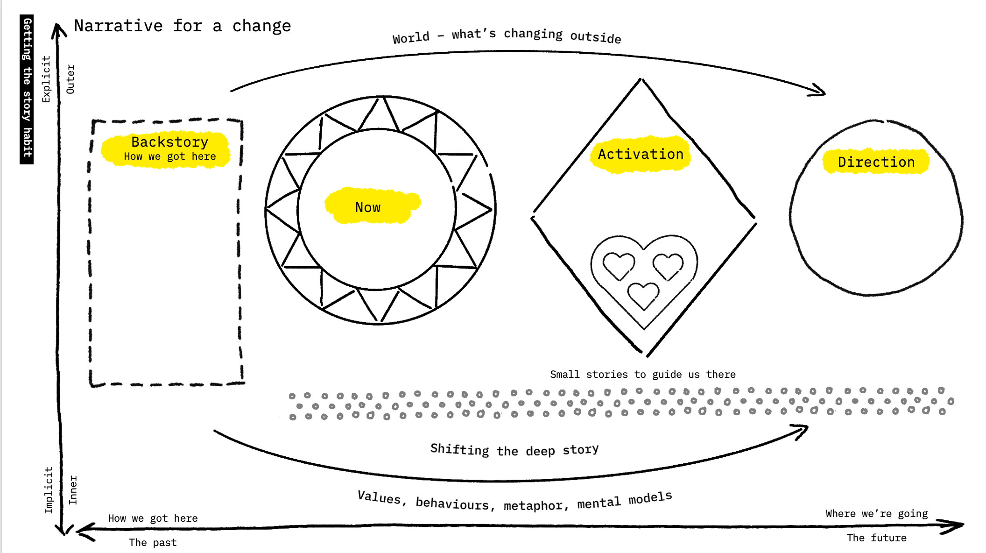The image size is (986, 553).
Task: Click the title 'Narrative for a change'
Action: [x=182, y=26]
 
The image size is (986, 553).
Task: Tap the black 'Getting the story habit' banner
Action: [x=27, y=89]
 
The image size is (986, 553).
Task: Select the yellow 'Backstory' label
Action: [x=169, y=142]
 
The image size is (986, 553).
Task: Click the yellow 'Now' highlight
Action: [x=368, y=207]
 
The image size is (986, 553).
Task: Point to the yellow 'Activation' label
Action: [x=641, y=154]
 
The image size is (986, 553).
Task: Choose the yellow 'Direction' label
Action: [x=876, y=162]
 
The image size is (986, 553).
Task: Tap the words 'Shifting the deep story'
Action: [x=514, y=450]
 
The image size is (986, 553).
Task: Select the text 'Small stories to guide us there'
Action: [x=642, y=374]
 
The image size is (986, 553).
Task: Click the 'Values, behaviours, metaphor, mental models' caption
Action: [x=514, y=501]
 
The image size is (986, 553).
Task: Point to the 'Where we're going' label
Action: [x=876, y=514]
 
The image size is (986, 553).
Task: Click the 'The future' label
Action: [x=876, y=538]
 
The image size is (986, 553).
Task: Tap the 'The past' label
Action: [x=153, y=543]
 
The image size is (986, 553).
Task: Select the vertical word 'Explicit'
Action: [x=46, y=79]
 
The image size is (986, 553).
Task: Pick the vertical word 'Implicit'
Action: [x=49, y=490]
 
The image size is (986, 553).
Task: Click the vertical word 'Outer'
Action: [x=70, y=79]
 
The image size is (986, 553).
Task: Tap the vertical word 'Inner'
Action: [x=73, y=490]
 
